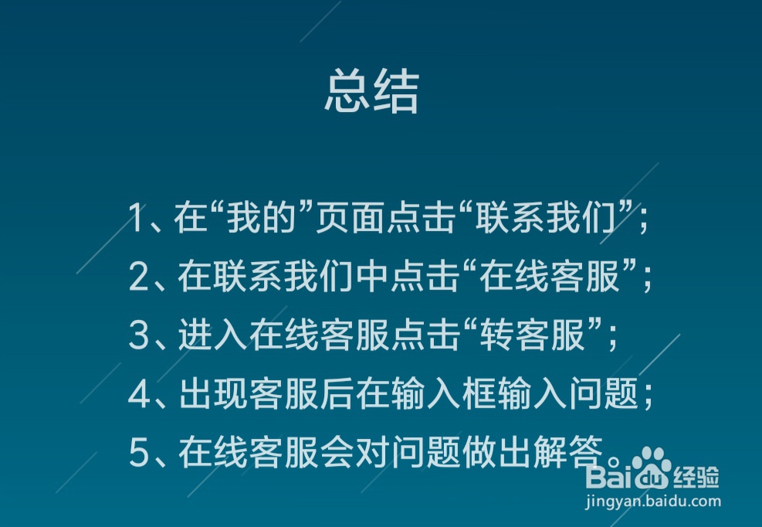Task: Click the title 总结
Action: coord(371,93)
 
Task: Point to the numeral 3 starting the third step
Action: coord(138,337)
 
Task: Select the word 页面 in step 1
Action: coord(342,219)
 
